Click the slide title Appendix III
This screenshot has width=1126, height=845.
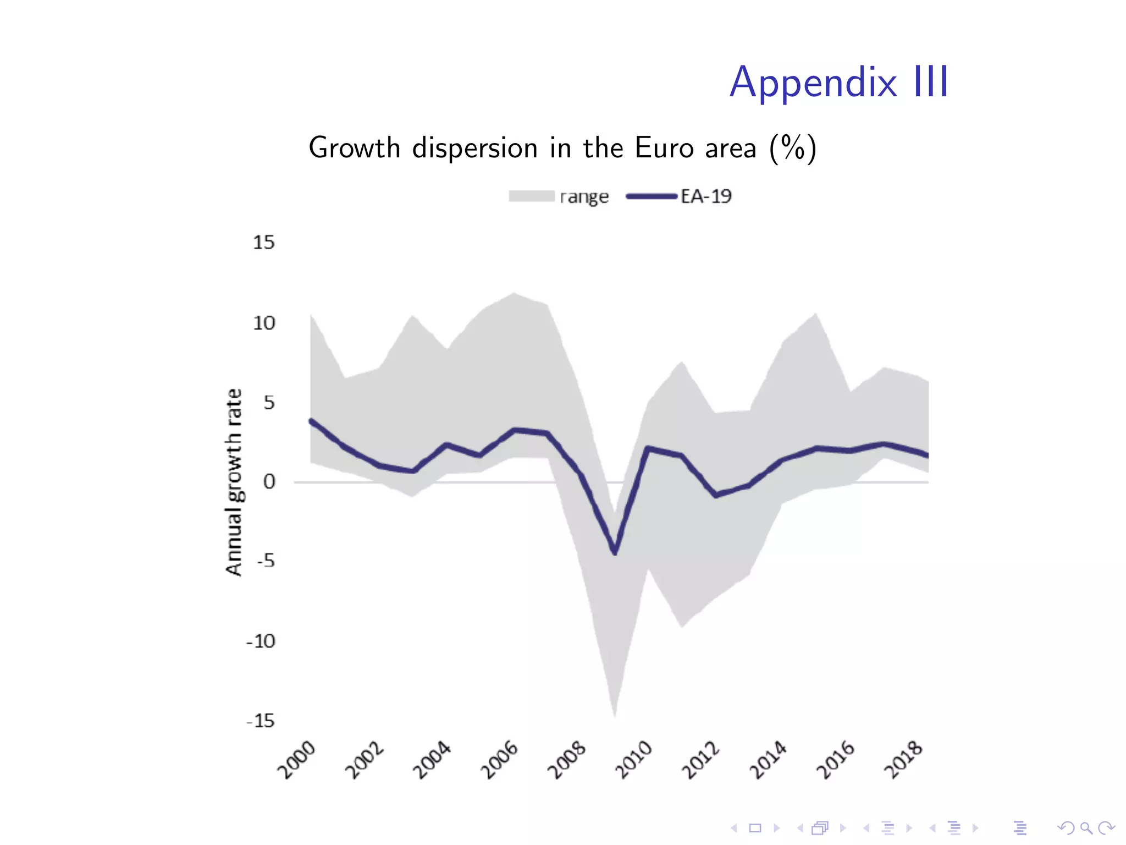pos(839,83)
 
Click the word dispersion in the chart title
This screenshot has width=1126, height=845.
pos(475,149)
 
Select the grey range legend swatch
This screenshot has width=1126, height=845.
pos(531,196)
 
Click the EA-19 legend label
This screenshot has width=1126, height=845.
pos(706,196)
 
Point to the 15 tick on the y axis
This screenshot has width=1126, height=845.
pos(263,243)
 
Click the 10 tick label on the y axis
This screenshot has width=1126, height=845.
pos(263,323)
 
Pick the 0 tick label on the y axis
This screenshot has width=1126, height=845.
pos(269,482)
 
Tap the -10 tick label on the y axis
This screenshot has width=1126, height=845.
pos(261,641)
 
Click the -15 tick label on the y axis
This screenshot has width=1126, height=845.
pos(261,721)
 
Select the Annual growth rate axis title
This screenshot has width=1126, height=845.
pos(234,482)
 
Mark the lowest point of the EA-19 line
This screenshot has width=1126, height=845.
pos(615,552)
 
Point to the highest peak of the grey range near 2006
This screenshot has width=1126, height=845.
pos(514,294)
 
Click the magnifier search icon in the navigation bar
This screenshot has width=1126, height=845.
pos(1085,828)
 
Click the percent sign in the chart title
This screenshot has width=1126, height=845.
pos(793,148)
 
